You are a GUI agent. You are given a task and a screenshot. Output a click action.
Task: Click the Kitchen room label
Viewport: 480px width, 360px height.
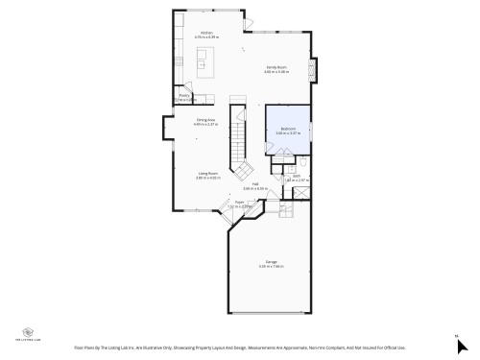coord(205,33)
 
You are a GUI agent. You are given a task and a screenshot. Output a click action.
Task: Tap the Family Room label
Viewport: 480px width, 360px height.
coord(276,67)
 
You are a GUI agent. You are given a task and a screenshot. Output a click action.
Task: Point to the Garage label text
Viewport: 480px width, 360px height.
coord(272,261)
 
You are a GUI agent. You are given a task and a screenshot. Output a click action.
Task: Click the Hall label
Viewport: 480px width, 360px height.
coord(255,184)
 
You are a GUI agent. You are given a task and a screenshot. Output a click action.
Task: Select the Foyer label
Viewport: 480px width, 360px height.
coord(239,203)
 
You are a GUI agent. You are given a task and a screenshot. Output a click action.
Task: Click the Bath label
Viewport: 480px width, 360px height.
coord(297,176)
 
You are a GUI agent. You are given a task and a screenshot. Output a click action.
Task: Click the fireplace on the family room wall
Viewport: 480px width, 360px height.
coord(312,71)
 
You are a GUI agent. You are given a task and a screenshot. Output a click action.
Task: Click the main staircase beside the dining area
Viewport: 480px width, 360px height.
coord(238,144)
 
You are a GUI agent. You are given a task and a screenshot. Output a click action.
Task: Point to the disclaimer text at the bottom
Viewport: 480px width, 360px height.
coord(240,348)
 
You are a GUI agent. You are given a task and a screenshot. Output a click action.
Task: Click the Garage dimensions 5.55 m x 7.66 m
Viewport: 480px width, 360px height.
coord(272,267)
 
